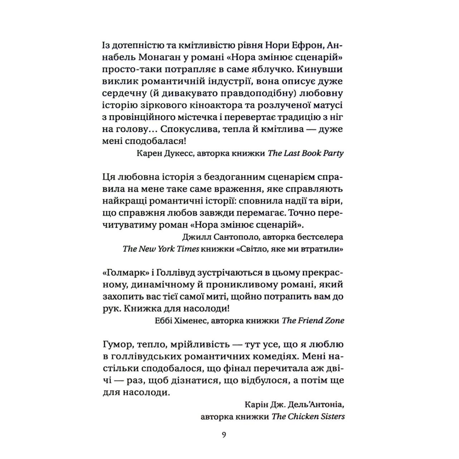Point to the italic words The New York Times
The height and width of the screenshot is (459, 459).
161,249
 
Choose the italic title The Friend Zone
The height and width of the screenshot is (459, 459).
313,321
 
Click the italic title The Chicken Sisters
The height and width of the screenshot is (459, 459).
308,416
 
